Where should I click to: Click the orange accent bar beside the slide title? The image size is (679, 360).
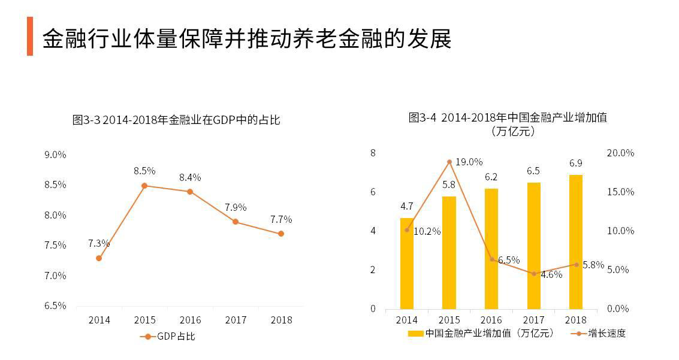[x=30, y=37]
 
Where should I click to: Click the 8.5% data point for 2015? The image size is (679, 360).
[x=144, y=186]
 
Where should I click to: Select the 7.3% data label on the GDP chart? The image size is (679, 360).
[x=99, y=243]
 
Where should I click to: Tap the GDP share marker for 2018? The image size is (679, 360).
[x=281, y=234]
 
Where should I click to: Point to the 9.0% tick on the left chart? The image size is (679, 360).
[x=55, y=155]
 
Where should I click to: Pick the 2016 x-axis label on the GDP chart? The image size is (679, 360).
[x=190, y=320]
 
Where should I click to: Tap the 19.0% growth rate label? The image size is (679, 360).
[x=469, y=162]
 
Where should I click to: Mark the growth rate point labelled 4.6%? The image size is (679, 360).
[x=534, y=274]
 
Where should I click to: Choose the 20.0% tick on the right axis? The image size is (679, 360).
[x=620, y=153]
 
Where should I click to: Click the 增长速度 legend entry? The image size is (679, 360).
[x=599, y=333]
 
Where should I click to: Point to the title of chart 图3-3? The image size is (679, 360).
[x=176, y=120]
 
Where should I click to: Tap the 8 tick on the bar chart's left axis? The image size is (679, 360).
[x=373, y=153]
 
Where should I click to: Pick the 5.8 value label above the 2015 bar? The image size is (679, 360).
[x=449, y=185]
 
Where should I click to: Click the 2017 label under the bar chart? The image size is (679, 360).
[x=533, y=320]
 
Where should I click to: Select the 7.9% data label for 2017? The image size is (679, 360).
[x=236, y=207]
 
